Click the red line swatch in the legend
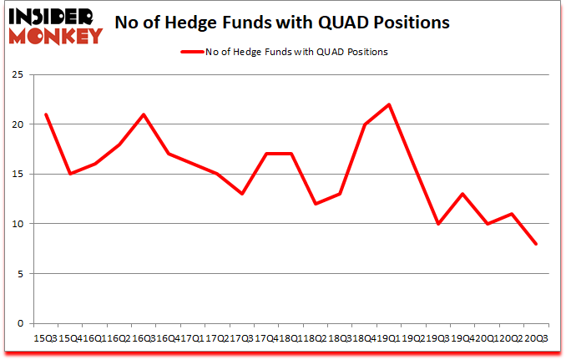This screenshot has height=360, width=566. [x=193, y=52]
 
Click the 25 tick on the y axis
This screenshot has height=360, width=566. [x=18, y=75]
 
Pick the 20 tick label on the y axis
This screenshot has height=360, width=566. [x=18, y=124]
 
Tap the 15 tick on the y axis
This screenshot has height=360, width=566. [x=18, y=175]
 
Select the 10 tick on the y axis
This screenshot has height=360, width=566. [x=18, y=224]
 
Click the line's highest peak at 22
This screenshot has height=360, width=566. [x=389, y=104]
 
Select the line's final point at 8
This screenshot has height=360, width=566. [x=536, y=244]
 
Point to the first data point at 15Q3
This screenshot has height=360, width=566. [x=45, y=114]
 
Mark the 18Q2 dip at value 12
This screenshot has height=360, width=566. [x=316, y=204]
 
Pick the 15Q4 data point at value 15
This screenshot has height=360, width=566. [x=70, y=174]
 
